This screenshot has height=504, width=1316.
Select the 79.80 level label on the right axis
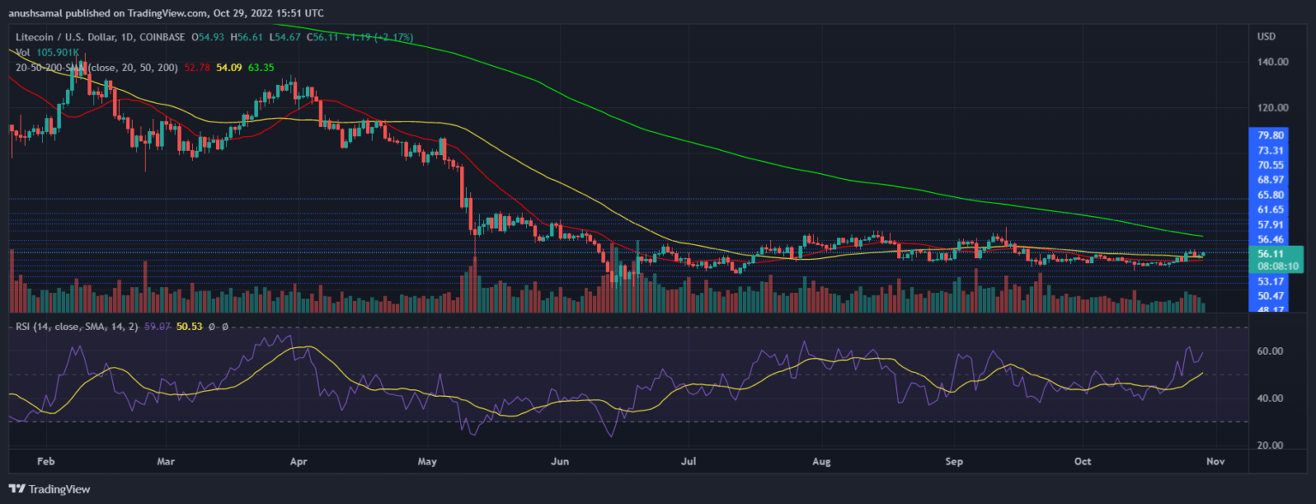click(x=1271, y=135)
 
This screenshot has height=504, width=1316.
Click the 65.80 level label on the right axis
click(x=1271, y=195)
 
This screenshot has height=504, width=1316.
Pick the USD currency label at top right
click(x=1266, y=36)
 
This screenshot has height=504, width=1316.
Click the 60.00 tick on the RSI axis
click(x=1271, y=351)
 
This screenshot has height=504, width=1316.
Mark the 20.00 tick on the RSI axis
click(x=1271, y=446)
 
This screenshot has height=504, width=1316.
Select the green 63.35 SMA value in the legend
click(x=262, y=68)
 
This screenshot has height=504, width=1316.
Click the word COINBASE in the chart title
click(x=157, y=36)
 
